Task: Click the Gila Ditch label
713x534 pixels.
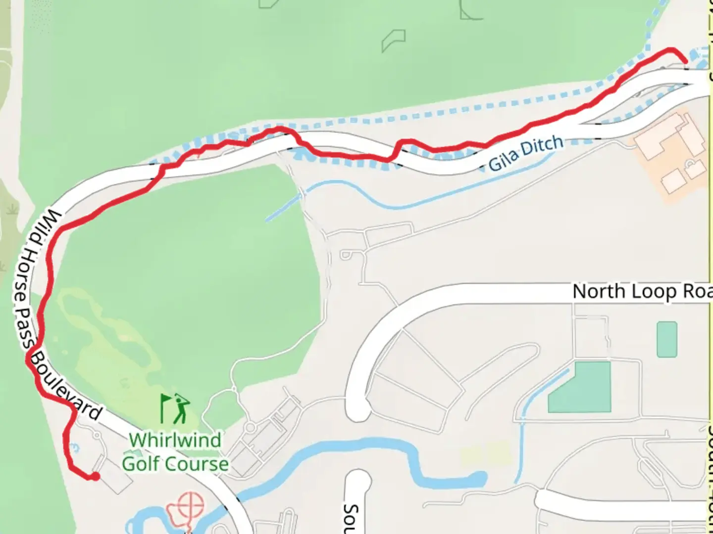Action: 526,153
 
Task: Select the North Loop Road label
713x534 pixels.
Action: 642,292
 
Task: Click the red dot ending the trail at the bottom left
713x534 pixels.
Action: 94,476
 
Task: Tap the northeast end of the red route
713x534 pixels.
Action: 685,61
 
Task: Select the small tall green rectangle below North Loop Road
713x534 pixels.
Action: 666,339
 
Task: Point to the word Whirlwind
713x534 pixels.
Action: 175,440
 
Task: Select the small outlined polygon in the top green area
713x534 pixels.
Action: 393,41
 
